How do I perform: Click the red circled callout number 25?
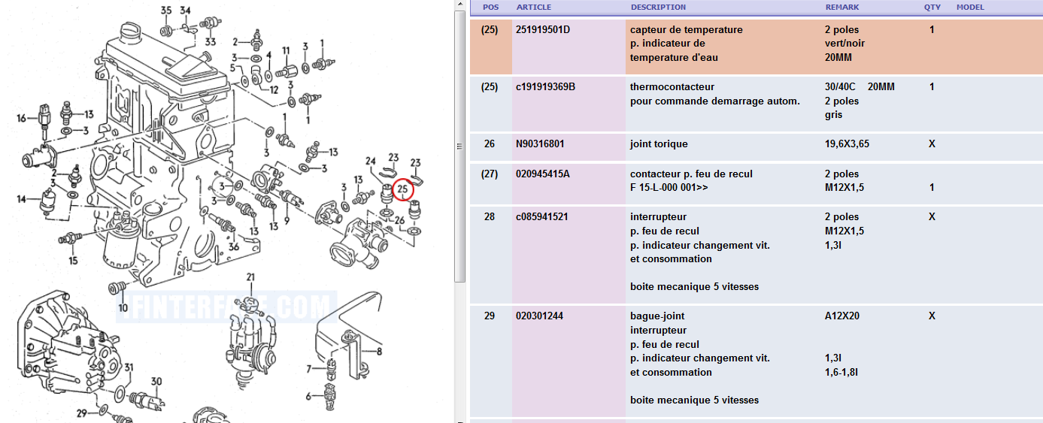pos(403,189)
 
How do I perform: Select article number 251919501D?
pos(543,30)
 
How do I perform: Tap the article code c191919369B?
pos(545,87)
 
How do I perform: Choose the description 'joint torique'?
pos(659,144)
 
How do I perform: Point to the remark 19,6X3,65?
pos(847,144)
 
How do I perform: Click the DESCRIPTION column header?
pos(658,8)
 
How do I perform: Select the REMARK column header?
pos(842,8)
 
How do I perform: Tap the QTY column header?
pos(932,8)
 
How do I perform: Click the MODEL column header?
pos(970,8)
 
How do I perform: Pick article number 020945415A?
pos(543,174)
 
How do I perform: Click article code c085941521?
pos(541,217)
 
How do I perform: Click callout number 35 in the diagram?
pos(166,11)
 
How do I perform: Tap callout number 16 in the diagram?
pos(22,118)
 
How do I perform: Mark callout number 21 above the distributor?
pos(250,276)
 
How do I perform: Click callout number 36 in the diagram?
pos(234,246)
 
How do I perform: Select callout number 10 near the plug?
pos(123,307)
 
